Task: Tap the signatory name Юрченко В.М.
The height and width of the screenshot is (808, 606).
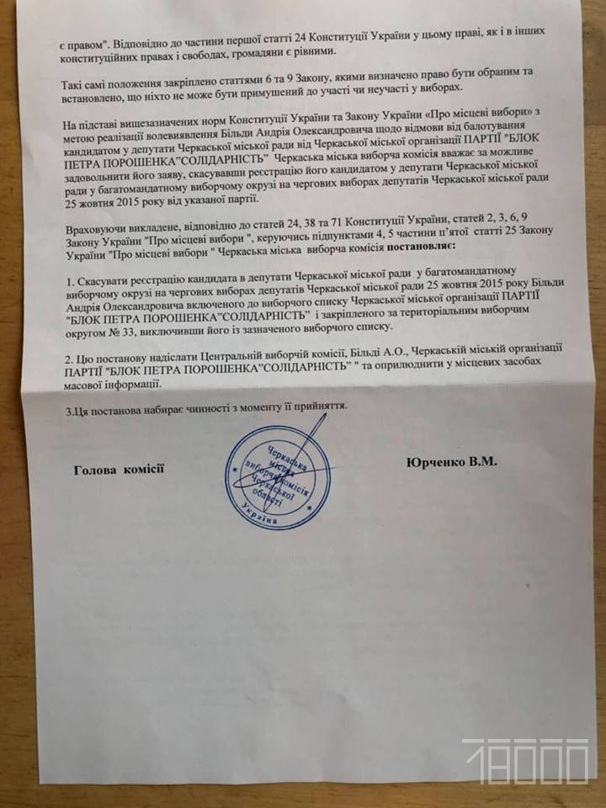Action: pos(451,461)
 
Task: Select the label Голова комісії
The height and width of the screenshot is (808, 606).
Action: pos(118,469)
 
